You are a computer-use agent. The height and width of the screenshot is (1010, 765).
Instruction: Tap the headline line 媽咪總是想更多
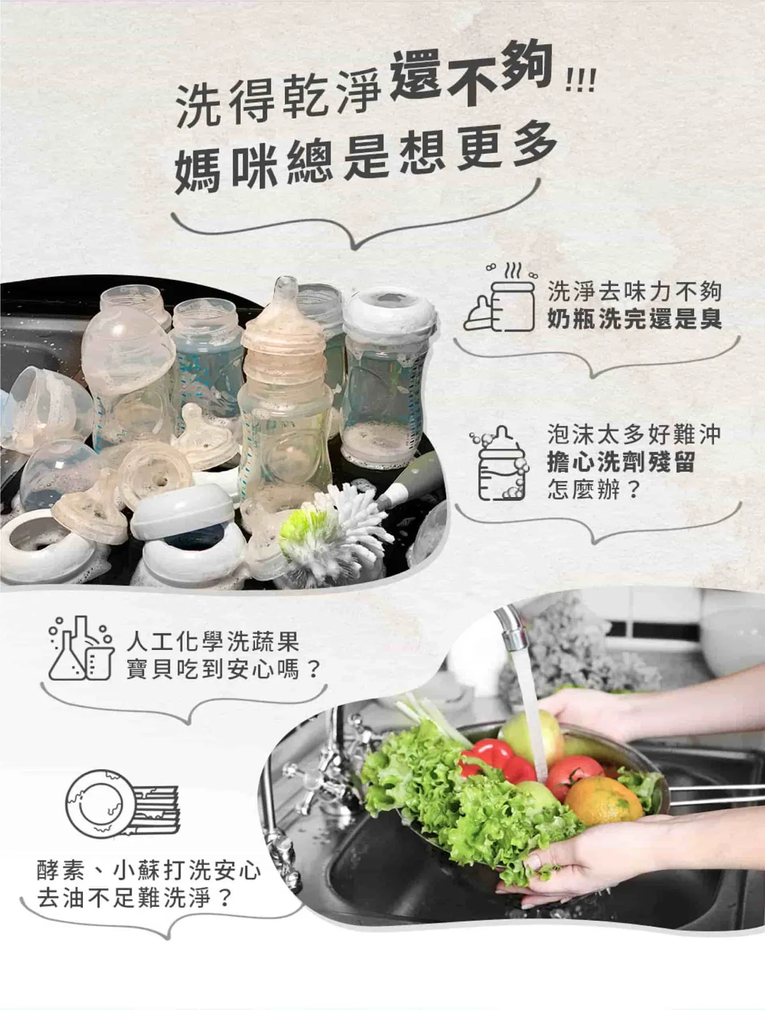[x=366, y=159]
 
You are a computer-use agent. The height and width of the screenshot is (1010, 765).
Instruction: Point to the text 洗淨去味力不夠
[x=634, y=292]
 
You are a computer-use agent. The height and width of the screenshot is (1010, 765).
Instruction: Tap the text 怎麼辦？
[x=594, y=489]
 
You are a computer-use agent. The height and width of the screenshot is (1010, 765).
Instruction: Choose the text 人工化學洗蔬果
[x=213, y=642]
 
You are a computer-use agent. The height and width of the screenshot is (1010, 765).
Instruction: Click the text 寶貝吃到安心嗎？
[x=222, y=669]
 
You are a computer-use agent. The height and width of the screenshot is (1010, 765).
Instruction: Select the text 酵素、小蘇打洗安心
[x=149, y=871]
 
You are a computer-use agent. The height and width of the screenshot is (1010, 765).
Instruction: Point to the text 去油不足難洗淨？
[x=134, y=898]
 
